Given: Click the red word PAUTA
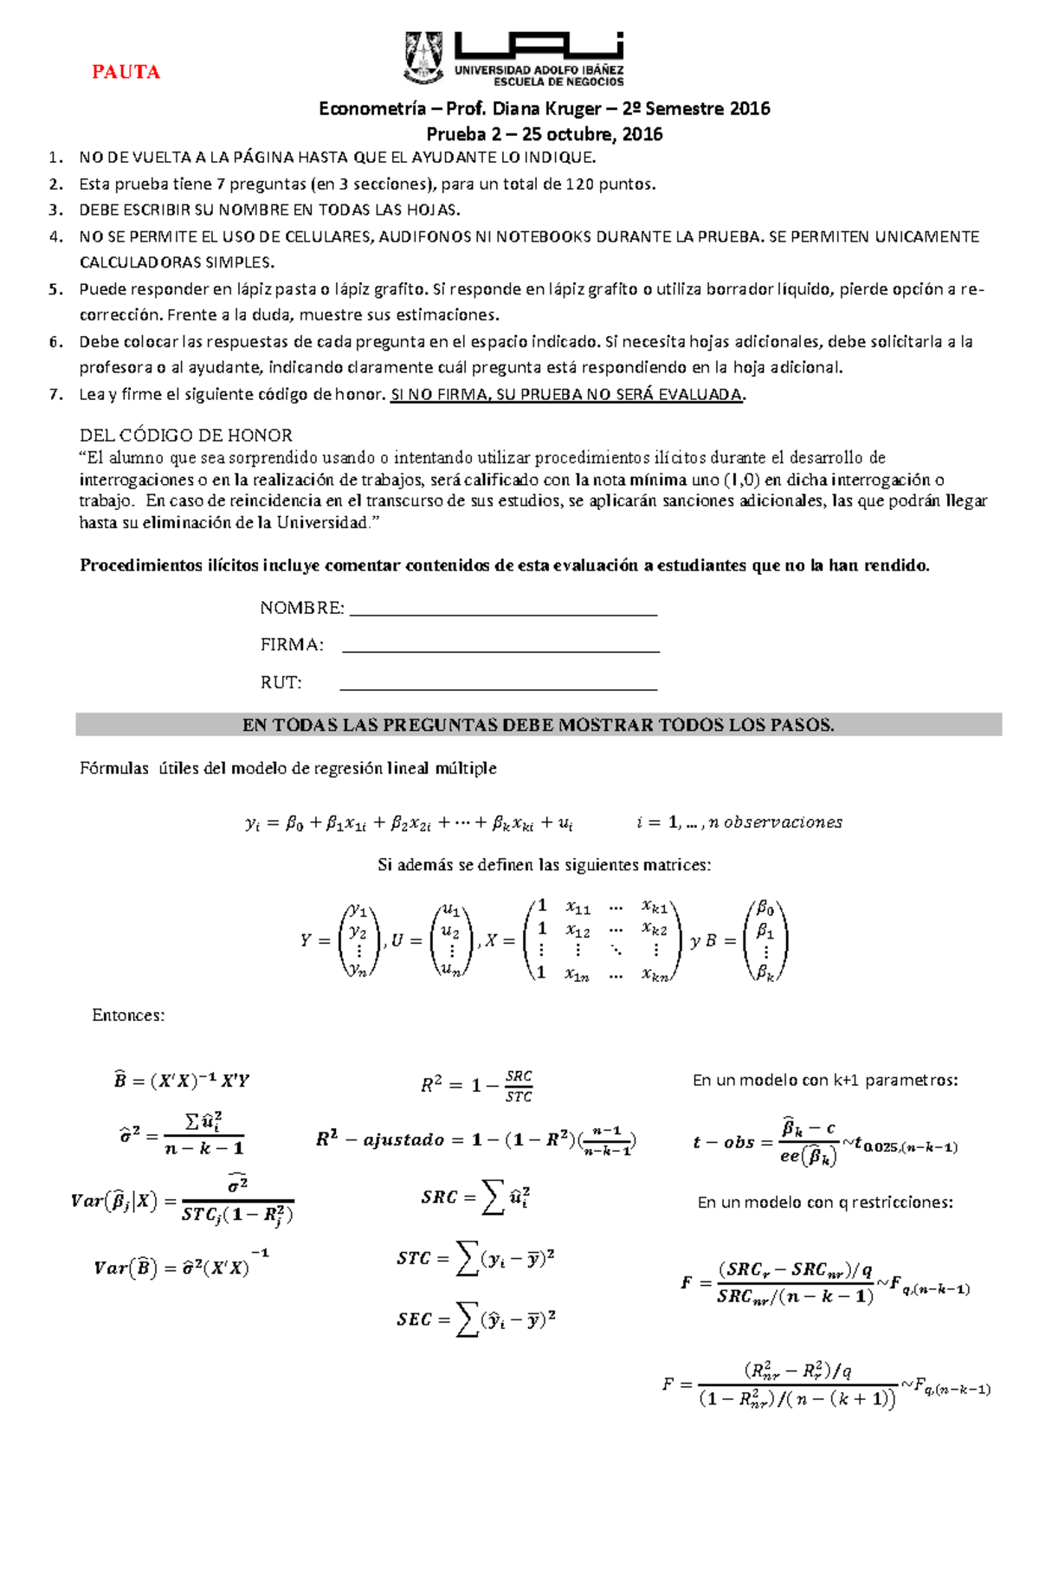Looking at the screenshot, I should (126, 72).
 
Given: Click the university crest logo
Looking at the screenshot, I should (424, 57).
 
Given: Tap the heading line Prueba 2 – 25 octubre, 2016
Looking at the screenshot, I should (544, 134).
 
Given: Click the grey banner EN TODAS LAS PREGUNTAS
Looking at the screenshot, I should (538, 725).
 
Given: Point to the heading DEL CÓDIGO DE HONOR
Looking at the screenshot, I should (185, 436).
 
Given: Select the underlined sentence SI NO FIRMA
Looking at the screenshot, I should (567, 395).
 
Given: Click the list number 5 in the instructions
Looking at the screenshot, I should (55, 289).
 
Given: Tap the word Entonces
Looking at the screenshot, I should (128, 1015).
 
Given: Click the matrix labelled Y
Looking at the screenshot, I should (358, 939).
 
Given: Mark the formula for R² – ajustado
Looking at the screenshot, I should (476, 1139).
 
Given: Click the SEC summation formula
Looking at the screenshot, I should (476, 1320).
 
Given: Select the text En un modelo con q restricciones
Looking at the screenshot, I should (824, 1203).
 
